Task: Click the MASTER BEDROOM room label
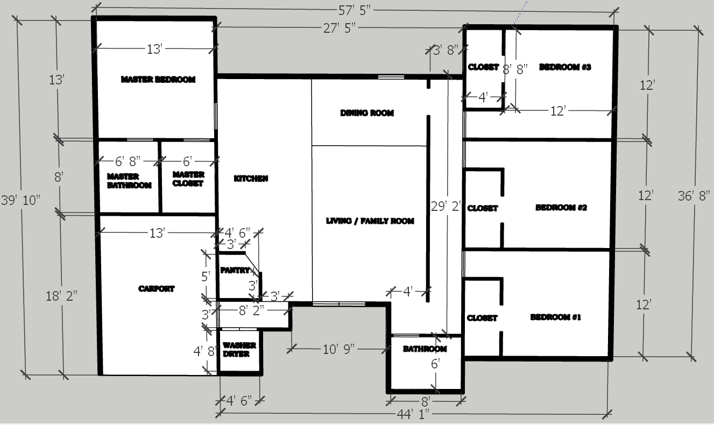point(158,79)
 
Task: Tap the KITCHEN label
point(251,179)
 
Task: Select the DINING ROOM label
point(367,113)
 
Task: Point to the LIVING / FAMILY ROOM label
point(370,221)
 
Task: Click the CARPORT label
point(156,289)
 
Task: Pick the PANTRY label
point(235,270)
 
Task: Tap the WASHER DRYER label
point(239,350)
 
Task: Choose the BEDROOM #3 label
point(565,67)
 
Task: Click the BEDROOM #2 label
point(561,208)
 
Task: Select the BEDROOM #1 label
point(556,317)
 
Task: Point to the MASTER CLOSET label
point(188,179)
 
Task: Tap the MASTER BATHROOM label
point(129,181)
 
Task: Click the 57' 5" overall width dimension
point(355,11)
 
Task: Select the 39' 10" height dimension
point(21,200)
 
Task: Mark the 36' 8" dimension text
point(694,196)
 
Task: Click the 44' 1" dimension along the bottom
point(413,414)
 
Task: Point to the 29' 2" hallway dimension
point(446,207)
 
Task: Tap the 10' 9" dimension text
point(339,350)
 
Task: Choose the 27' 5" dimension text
point(339,29)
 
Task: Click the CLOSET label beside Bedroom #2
point(483,208)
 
